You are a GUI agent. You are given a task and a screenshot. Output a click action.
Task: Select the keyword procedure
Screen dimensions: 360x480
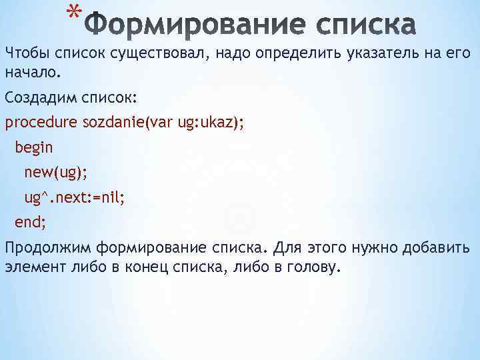coord(41,123)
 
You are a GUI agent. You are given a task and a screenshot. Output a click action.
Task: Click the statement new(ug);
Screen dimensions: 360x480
coord(55,173)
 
